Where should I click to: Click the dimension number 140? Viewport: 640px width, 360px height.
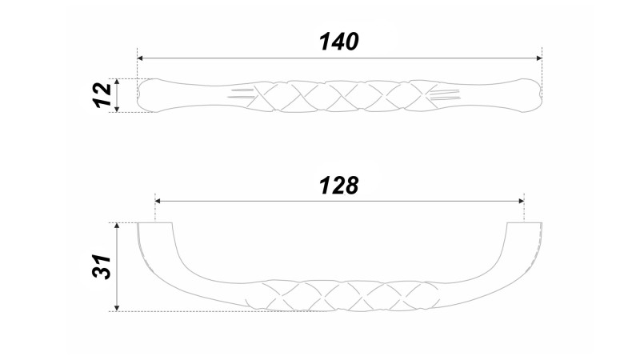point(339,42)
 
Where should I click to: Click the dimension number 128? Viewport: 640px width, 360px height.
point(339,186)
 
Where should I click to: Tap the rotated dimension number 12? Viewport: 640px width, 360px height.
point(102,95)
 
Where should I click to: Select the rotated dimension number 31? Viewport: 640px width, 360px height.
point(102,266)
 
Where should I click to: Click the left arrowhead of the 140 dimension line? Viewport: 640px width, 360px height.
point(139,58)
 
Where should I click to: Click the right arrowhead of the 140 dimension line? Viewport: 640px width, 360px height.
point(539,58)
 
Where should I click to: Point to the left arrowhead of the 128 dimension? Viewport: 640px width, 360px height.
point(158,201)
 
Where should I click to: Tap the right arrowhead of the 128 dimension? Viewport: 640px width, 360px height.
point(522,201)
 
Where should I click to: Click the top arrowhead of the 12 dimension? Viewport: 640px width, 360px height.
point(117,82)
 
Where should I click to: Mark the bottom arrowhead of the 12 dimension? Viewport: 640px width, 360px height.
point(117,109)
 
